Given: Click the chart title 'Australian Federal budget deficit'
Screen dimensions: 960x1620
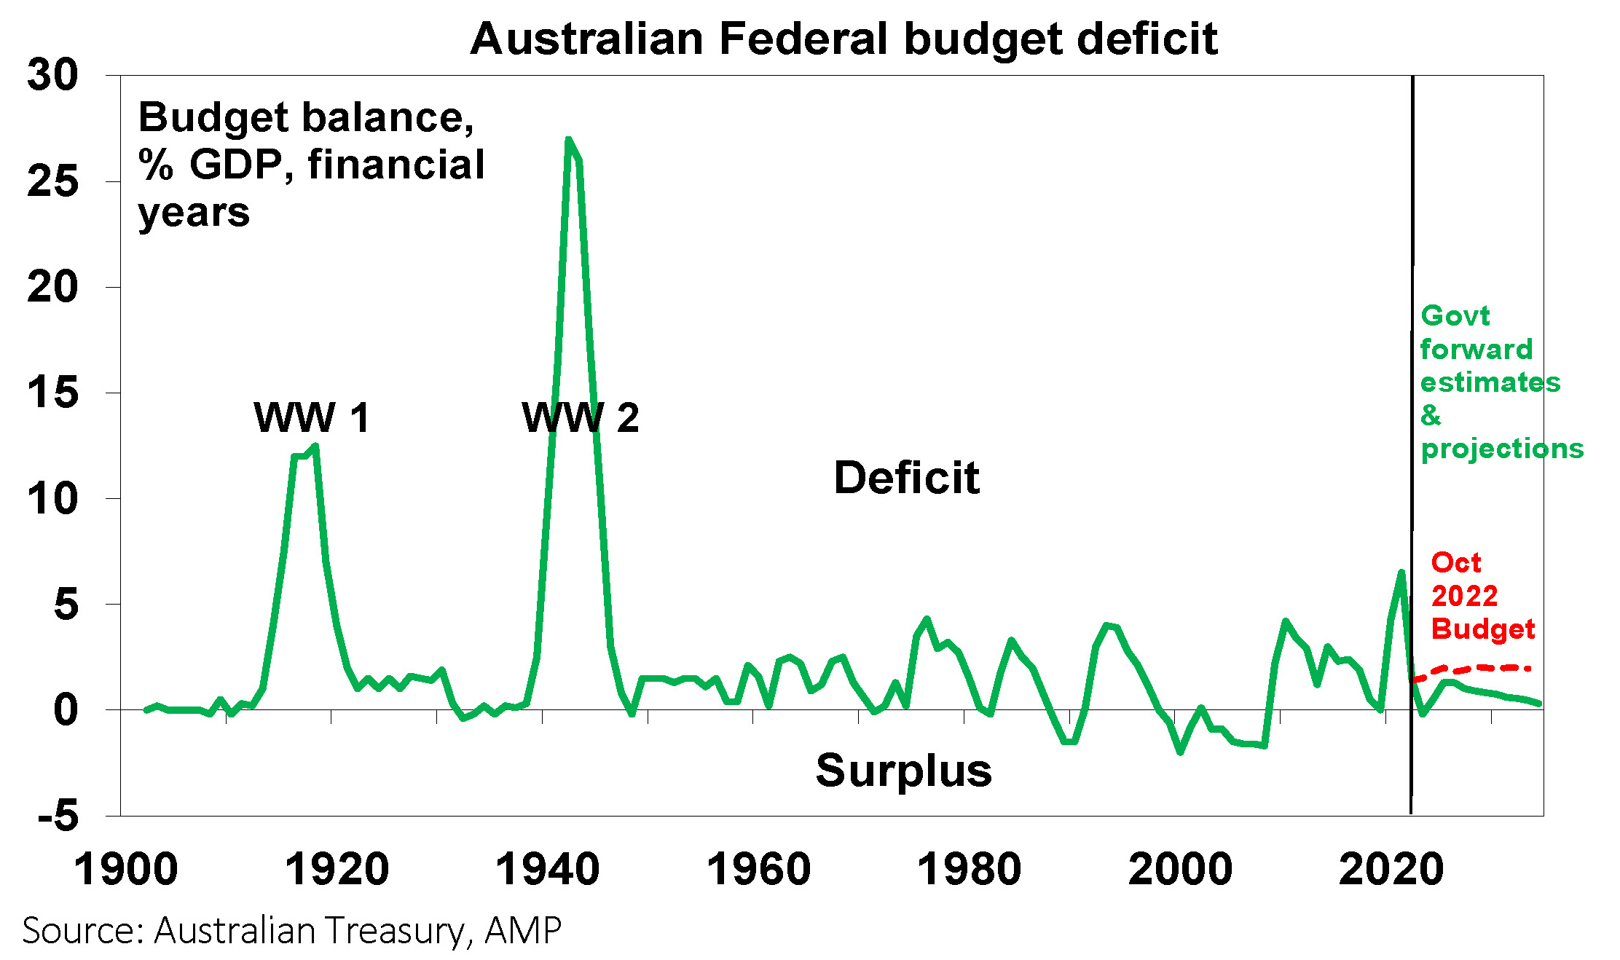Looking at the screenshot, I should coord(844,39).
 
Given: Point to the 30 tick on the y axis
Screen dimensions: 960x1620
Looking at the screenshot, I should coord(52,75).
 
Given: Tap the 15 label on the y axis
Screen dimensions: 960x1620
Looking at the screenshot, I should coord(52,393).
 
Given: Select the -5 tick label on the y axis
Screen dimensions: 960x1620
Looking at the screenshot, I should coord(58,815).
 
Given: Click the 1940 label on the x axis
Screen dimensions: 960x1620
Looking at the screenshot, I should coord(547,870).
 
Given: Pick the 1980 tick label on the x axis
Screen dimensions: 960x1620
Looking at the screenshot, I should coord(969,870).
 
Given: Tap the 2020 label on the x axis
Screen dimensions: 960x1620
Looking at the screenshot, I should coord(1391,870).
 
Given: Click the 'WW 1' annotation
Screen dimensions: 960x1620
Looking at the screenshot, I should coord(312,418).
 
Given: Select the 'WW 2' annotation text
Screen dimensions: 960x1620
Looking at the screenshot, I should coord(581,418).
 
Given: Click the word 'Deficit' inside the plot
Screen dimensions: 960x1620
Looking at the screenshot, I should coord(906,478).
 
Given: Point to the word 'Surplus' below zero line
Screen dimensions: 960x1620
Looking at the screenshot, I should coord(903,771).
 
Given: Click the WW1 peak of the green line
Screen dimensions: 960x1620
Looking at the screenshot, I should coord(315,446).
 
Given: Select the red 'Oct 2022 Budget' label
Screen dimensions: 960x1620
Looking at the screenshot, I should coord(1482,596).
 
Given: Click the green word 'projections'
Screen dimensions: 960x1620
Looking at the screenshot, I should coord(1502,449).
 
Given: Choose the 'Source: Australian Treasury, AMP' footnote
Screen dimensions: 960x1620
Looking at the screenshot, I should coord(292,930).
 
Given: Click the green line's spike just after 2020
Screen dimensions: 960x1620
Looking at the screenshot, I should coord(1401,573).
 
